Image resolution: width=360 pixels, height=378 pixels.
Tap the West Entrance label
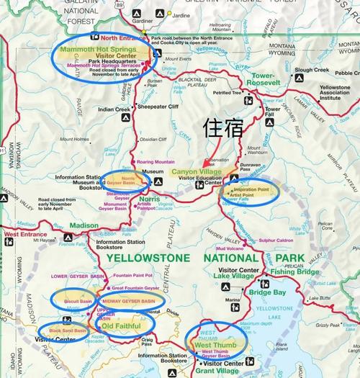click(21, 235)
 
